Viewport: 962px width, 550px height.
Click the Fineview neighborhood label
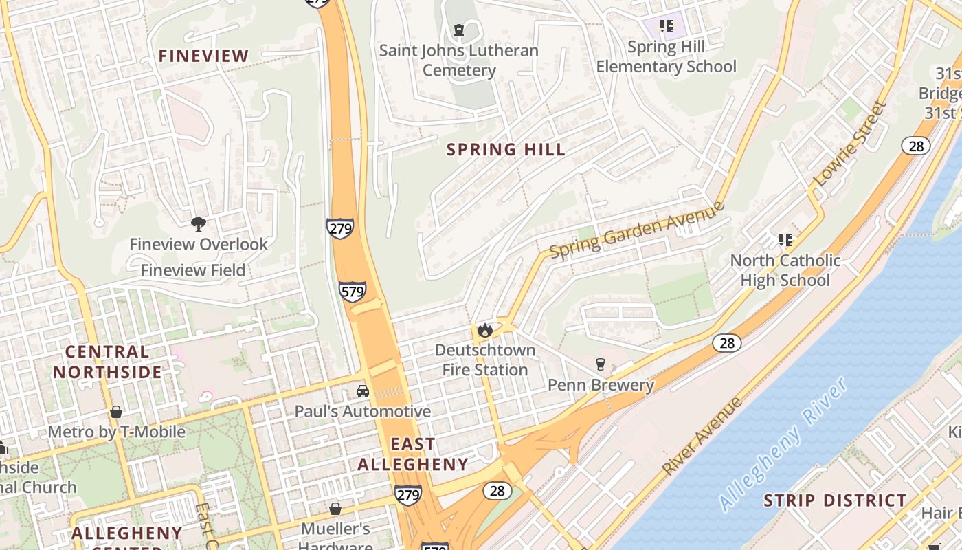[x=203, y=56]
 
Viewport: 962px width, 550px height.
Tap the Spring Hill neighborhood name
[x=506, y=149]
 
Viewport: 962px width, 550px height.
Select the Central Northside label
[x=107, y=362]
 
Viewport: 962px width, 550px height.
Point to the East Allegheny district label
[x=413, y=454]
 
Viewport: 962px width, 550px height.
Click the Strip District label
[x=835, y=500]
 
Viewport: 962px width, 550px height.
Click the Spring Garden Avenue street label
[x=637, y=230]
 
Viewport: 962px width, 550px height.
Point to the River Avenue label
[x=702, y=435]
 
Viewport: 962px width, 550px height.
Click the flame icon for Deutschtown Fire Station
[x=485, y=330]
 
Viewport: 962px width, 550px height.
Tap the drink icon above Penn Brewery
[x=601, y=364]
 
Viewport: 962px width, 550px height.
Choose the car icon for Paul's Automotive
[x=362, y=391]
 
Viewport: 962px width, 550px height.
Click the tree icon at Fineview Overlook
[x=199, y=223]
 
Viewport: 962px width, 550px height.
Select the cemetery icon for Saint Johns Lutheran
[x=459, y=30]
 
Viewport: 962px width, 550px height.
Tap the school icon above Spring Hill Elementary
[x=666, y=27]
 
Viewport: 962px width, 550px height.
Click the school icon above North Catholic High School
[x=785, y=240]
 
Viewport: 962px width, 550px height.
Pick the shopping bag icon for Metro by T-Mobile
[x=116, y=412]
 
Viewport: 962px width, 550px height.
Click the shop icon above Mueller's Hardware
[x=335, y=509]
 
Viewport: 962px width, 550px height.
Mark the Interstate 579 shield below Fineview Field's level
[x=352, y=291]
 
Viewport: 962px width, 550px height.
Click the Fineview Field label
[x=193, y=270]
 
